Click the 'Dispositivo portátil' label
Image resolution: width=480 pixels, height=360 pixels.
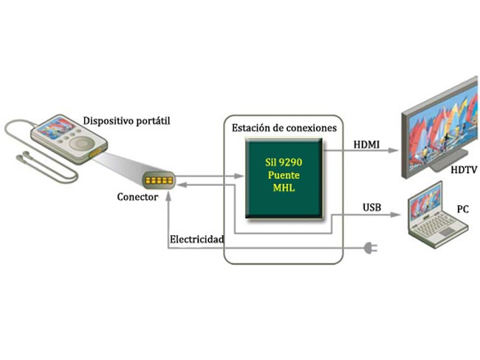pyautogui.click(x=126, y=121)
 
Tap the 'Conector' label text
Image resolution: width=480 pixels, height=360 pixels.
pyautogui.click(x=137, y=197)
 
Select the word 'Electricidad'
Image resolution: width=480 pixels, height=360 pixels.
pyautogui.click(x=197, y=239)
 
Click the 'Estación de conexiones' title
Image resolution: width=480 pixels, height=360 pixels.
pyautogui.click(x=284, y=128)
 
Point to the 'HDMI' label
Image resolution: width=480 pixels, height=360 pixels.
pyautogui.click(x=366, y=145)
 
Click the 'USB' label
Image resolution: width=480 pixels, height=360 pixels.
pyautogui.click(x=372, y=207)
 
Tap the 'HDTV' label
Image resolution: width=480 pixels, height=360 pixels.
pyautogui.click(x=464, y=170)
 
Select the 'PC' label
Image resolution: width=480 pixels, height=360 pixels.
pyautogui.click(x=463, y=210)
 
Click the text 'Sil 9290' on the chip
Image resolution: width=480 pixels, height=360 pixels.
pyautogui.click(x=284, y=162)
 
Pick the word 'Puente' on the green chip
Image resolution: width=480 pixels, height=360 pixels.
pyautogui.click(x=284, y=176)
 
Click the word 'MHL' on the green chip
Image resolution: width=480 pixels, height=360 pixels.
pyautogui.click(x=284, y=188)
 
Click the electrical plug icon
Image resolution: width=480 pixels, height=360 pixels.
pyautogui.click(x=371, y=248)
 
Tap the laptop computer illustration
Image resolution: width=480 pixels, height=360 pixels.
pyautogui.click(x=438, y=214)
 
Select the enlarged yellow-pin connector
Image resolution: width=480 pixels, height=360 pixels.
pyautogui.click(x=159, y=180)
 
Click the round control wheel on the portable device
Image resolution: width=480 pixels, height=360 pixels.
pyautogui.click(x=81, y=143)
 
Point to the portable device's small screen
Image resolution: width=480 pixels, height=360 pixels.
pyautogui.click(x=56, y=128)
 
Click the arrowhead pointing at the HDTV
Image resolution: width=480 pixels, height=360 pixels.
pyautogui.click(x=393, y=150)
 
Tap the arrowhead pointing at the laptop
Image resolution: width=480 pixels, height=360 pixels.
pyautogui.click(x=395, y=215)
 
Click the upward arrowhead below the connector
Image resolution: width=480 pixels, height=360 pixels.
pyautogui.click(x=168, y=196)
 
